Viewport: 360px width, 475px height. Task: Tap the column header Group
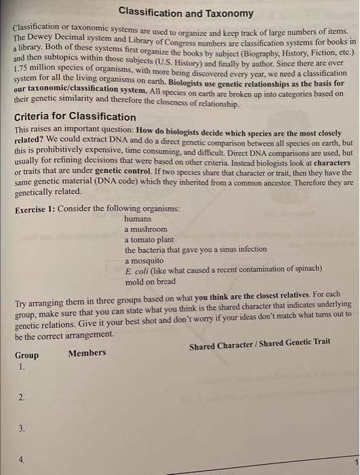pos(26,355)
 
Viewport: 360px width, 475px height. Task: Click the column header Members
pos(87,352)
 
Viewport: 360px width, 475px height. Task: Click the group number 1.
pos(22,366)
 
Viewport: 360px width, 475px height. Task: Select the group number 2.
pos(22,398)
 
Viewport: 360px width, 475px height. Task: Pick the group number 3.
pos(22,429)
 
